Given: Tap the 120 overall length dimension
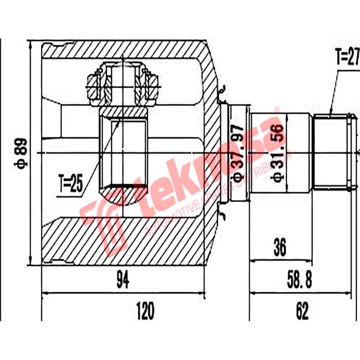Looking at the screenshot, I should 145,310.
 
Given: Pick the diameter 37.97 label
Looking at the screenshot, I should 237,153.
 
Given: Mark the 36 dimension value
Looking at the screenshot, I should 280,247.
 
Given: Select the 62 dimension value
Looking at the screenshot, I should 302,310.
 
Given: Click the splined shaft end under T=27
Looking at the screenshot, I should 332,153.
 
